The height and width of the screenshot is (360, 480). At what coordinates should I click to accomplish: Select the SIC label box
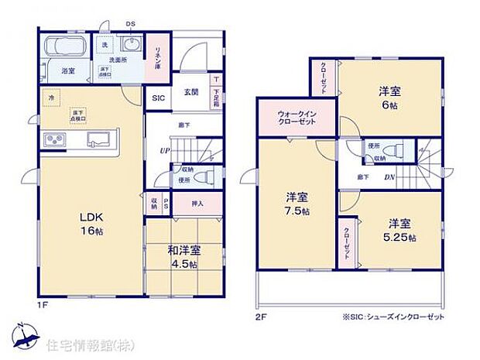point(158,98)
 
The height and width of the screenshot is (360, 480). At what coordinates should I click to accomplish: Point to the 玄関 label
point(191,92)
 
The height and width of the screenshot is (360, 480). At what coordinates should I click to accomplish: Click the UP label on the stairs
point(164,151)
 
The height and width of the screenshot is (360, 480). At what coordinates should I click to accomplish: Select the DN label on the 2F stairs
point(390,177)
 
